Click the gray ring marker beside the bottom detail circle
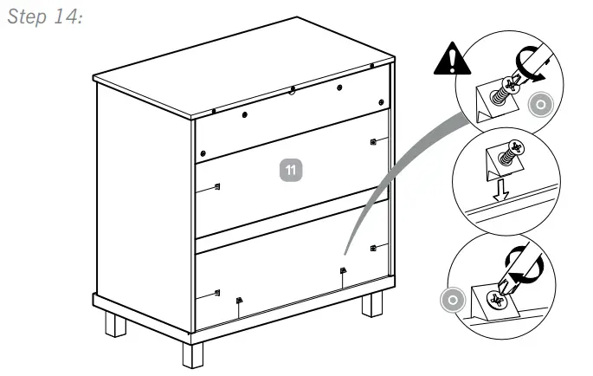click(x=448, y=300)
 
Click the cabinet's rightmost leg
click(x=371, y=304)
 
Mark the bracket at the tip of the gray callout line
click(x=343, y=271)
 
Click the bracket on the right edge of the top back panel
click(x=372, y=141)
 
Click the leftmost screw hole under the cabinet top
click(x=213, y=111)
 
